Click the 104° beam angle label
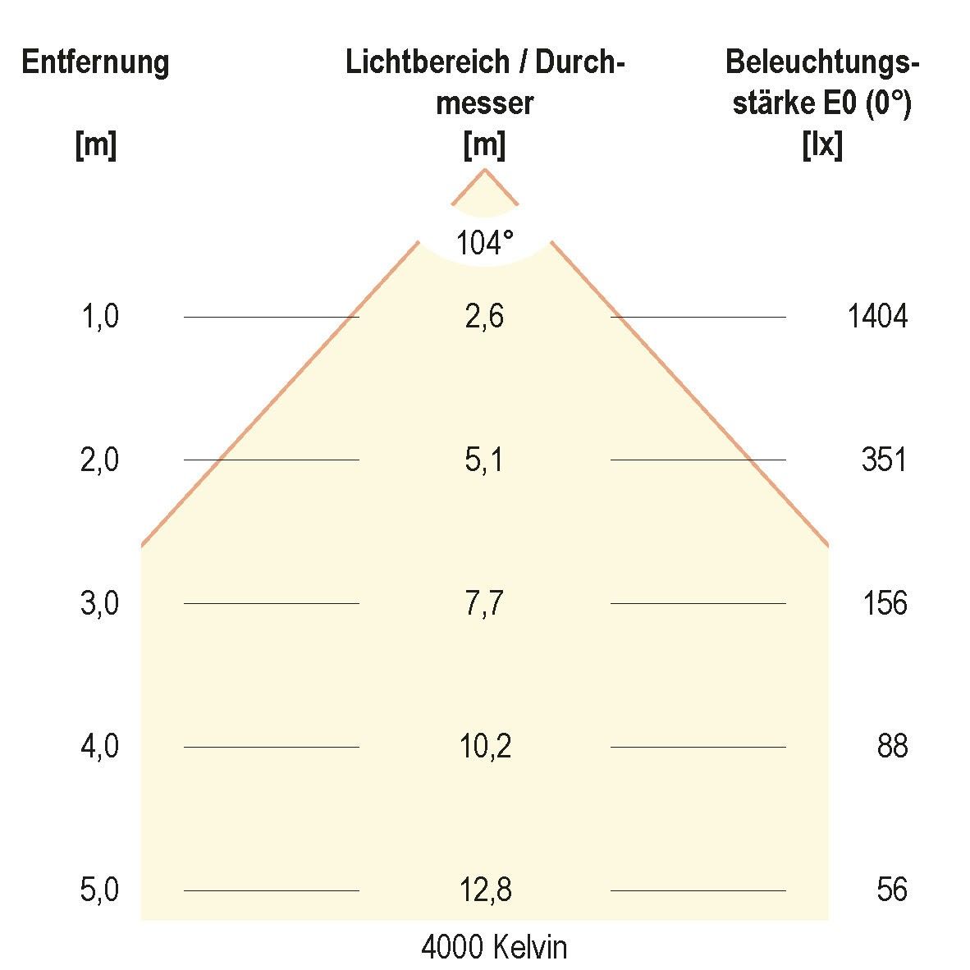coord(485,242)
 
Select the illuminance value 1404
coord(877,316)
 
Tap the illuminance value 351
coord(884,460)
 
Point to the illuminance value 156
coord(885,603)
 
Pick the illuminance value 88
coord(892,747)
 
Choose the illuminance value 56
coord(892,890)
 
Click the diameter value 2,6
coord(484,316)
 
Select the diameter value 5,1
coord(484,460)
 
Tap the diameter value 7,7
coord(484,603)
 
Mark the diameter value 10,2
coord(485,747)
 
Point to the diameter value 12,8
coord(485,890)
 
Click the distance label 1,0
coord(100,316)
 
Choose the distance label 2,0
coord(100,460)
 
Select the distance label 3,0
coord(100,603)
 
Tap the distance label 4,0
coord(100,747)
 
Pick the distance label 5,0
coord(100,890)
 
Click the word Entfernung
coord(95,62)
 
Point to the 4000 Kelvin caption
coord(494,948)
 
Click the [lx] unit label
coord(821,146)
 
